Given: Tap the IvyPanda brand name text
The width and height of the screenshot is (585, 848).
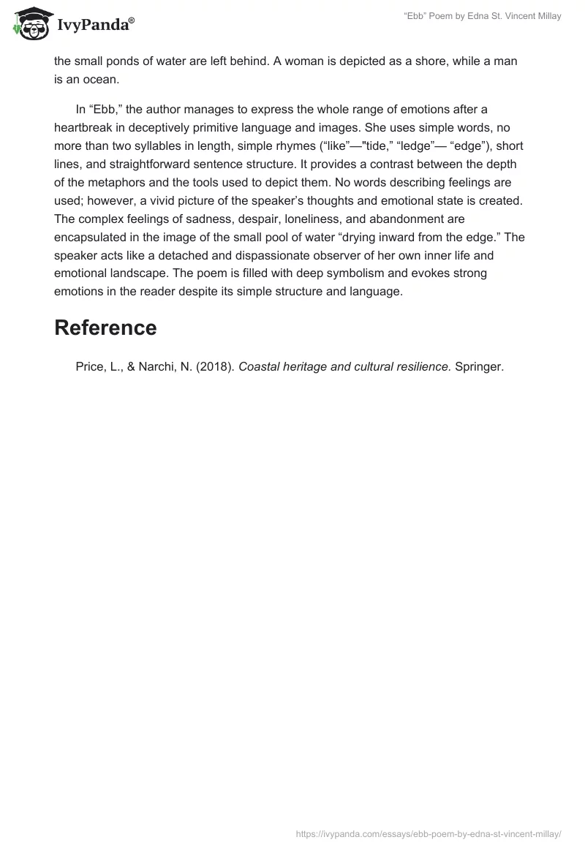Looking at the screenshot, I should (x=94, y=26).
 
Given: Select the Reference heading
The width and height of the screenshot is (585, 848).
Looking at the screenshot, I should (x=105, y=328).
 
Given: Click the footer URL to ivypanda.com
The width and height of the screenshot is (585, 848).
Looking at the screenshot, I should (x=429, y=833).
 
